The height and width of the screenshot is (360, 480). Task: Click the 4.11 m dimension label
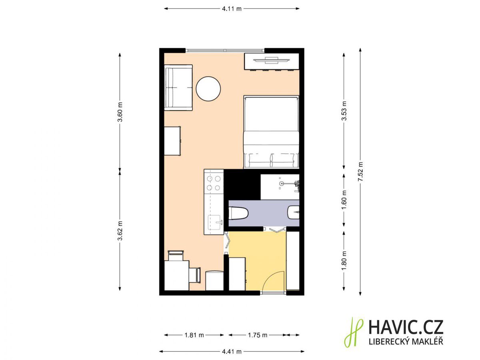pyautogui.click(x=232, y=9)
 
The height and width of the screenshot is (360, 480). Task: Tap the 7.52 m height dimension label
pyautogui.click(x=360, y=171)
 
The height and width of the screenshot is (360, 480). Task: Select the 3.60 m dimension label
pyautogui.click(x=120, y=112)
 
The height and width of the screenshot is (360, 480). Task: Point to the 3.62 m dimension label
pyautogui.click(x=120, y=230)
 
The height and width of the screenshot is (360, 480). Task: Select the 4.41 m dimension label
pyautogui.click(x=232, y=352)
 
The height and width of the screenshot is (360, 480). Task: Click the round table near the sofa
pyautogui.click(x=208, y=89)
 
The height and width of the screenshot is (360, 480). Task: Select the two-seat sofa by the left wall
pyautogui.click(x=178, y=88)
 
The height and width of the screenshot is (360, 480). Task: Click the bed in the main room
pyautogui.click(x=271, y=132)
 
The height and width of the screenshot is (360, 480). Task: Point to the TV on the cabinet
pyautogui.click(x=271, y=60)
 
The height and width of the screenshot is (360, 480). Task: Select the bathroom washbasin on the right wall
pyautogui.click(x=294, y=212)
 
